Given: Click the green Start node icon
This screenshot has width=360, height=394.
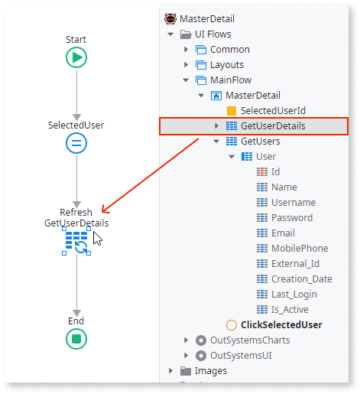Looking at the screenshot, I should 76,57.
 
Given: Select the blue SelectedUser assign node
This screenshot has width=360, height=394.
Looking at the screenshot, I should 76,143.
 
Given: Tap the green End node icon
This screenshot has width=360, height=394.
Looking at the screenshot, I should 76,339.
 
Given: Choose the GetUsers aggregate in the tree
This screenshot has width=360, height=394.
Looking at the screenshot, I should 260,142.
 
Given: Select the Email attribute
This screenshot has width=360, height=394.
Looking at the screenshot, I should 282,233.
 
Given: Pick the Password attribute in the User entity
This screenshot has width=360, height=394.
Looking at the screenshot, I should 291,218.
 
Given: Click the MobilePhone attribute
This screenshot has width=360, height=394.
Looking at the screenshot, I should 299,249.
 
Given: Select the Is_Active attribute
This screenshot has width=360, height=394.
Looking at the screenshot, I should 289,310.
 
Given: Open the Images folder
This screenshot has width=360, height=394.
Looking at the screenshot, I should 210,371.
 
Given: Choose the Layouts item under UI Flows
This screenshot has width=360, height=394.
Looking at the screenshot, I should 227,65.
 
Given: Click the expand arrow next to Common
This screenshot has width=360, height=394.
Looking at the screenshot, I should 186,50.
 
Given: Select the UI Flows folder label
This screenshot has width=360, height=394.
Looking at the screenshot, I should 212,34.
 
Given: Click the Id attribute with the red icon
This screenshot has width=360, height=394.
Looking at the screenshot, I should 275,172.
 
